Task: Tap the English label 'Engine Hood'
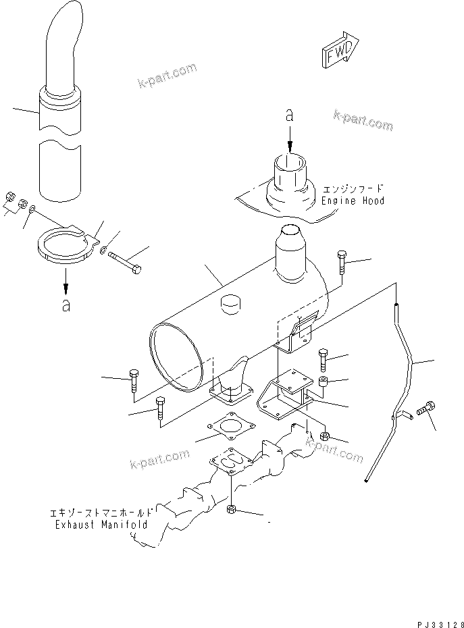353,201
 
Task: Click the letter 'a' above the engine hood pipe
290,116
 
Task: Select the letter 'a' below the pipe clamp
66,305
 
